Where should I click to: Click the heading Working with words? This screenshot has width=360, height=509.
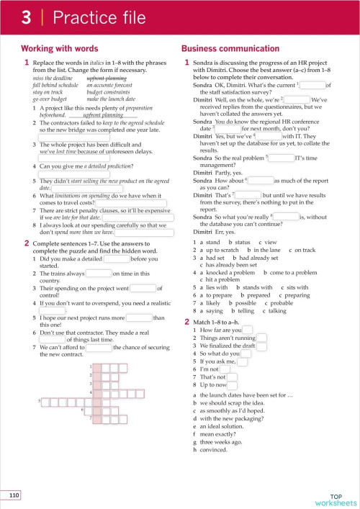pyautogui.click(x=54, y=48)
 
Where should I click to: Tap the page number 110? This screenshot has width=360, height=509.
pyautogui.click(x=14, y=495)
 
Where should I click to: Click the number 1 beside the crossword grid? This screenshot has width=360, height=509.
pyautogui.click(x=91, y=366)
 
